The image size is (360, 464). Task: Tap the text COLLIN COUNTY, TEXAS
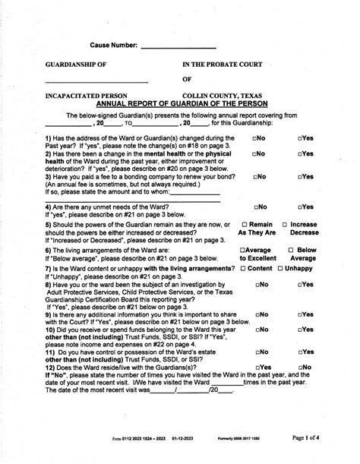(219, 97)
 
